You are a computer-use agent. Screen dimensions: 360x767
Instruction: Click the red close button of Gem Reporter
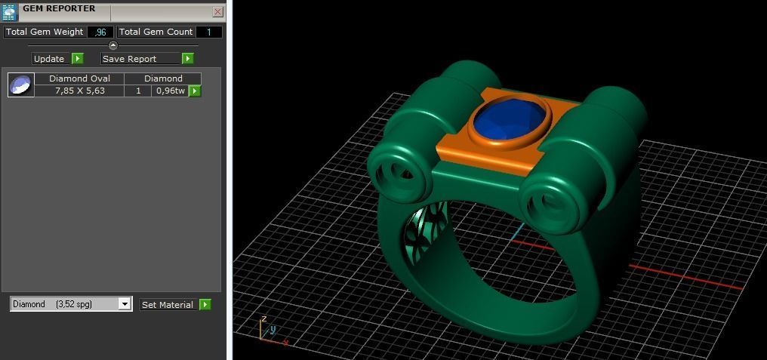pyautogui.click(x=217, y=12)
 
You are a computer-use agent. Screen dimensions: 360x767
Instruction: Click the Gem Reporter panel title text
pyautogui.click(x=59, y=9)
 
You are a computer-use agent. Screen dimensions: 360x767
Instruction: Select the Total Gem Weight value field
pyautogui.click(x=100, y=32)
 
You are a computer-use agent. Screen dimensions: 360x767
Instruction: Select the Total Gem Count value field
pyautogui.click(x=209, y=32)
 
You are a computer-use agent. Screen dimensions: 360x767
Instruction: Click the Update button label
pyautogui.click(x=49, y=59)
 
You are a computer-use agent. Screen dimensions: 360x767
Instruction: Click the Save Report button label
pyautogui.click(x=130, y=59)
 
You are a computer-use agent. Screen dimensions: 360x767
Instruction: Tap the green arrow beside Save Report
pyautogui.click(x=187, y=59)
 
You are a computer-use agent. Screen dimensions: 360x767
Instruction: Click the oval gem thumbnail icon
pyautogui.click(x=20, y=85)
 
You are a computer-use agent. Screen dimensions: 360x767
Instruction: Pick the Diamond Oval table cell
pyautogui.click(x=79, y=78)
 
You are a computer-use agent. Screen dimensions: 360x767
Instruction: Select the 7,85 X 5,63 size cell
pyautogui.click(x=79, y=91)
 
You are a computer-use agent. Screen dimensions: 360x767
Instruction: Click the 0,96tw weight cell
pyautogui.click(x=170, y=91)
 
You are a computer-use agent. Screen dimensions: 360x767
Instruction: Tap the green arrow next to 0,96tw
pyautogui.click(x=194, y=91)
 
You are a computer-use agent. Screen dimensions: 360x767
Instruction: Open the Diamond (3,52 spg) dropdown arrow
pyautogui.click(x=125, y=304)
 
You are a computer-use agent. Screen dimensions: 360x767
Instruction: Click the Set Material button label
pyautogui.click(x=168, y=305)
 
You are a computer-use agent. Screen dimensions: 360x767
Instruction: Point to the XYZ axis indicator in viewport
pyautogui.click(x=268, y=331)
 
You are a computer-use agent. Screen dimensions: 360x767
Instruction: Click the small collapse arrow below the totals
pyautogui.click(x=113, y=45)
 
